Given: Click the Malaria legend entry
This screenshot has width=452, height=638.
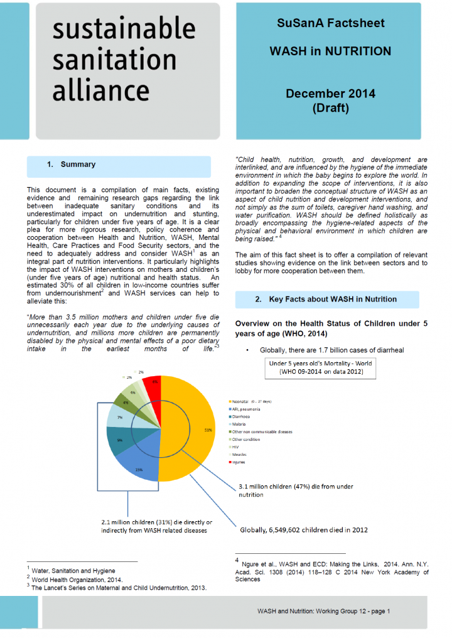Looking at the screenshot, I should (x=240, y=424).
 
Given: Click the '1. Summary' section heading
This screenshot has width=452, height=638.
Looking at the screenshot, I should (x=71, y=165).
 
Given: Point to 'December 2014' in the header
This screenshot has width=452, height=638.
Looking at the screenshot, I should (x=330, y=94).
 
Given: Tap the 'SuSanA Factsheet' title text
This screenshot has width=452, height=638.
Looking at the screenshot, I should (x=330, y=23).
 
